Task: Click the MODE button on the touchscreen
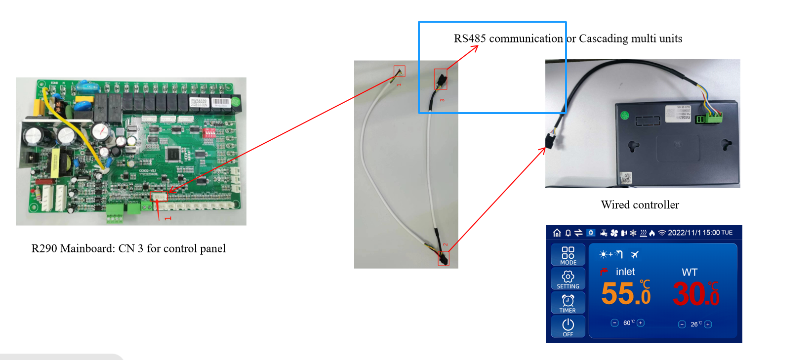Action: tap(568, 255)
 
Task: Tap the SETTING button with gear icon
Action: tap(568, 279)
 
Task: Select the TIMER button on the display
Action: tap(568, 303)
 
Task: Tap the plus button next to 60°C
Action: tap(641, 323)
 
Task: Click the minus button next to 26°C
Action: tap(682, 324)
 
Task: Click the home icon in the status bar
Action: tap(557, 233)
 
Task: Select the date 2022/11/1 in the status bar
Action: tap(684, 233)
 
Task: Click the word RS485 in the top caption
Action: tap(470, 39)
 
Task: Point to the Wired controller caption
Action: tap(640, 205)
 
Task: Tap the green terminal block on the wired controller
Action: tap(710, 118)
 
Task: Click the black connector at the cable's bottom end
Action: tap(443, 258)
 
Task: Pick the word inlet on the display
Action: tap(625, 272)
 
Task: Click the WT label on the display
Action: tap(690, 272)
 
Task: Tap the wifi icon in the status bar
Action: tap(662, 233)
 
